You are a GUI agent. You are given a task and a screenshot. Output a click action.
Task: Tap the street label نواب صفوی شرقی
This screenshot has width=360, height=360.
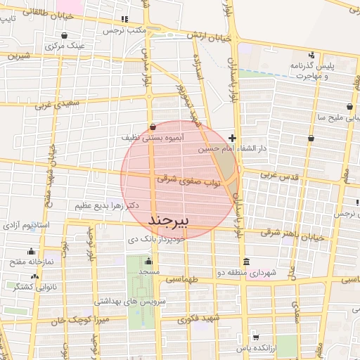click(188, 181)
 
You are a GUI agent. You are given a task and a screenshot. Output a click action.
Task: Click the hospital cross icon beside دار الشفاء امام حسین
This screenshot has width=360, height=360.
click(233, 139)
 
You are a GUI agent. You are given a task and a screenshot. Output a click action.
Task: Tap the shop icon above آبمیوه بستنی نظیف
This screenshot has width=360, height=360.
click(153, 127)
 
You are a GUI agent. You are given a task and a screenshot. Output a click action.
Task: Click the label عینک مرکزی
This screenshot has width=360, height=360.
click(65, 46)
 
